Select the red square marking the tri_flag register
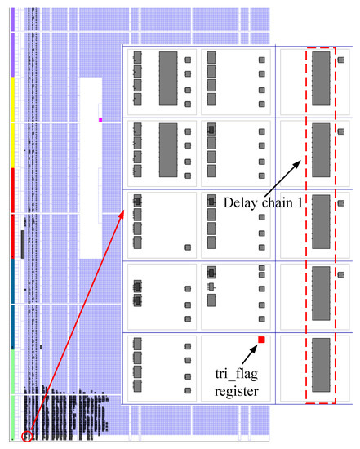tap(261, 339)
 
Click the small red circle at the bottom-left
tap(28, 435)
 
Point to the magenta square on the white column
tap(100, 119)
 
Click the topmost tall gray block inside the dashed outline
tap(321, 78)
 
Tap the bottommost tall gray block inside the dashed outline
tap(321, 362)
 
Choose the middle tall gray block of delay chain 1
tap(321, 220)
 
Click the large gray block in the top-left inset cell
tap(167, 77)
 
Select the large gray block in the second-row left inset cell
tap(167, 149)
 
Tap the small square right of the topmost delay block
tap(340, 60)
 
